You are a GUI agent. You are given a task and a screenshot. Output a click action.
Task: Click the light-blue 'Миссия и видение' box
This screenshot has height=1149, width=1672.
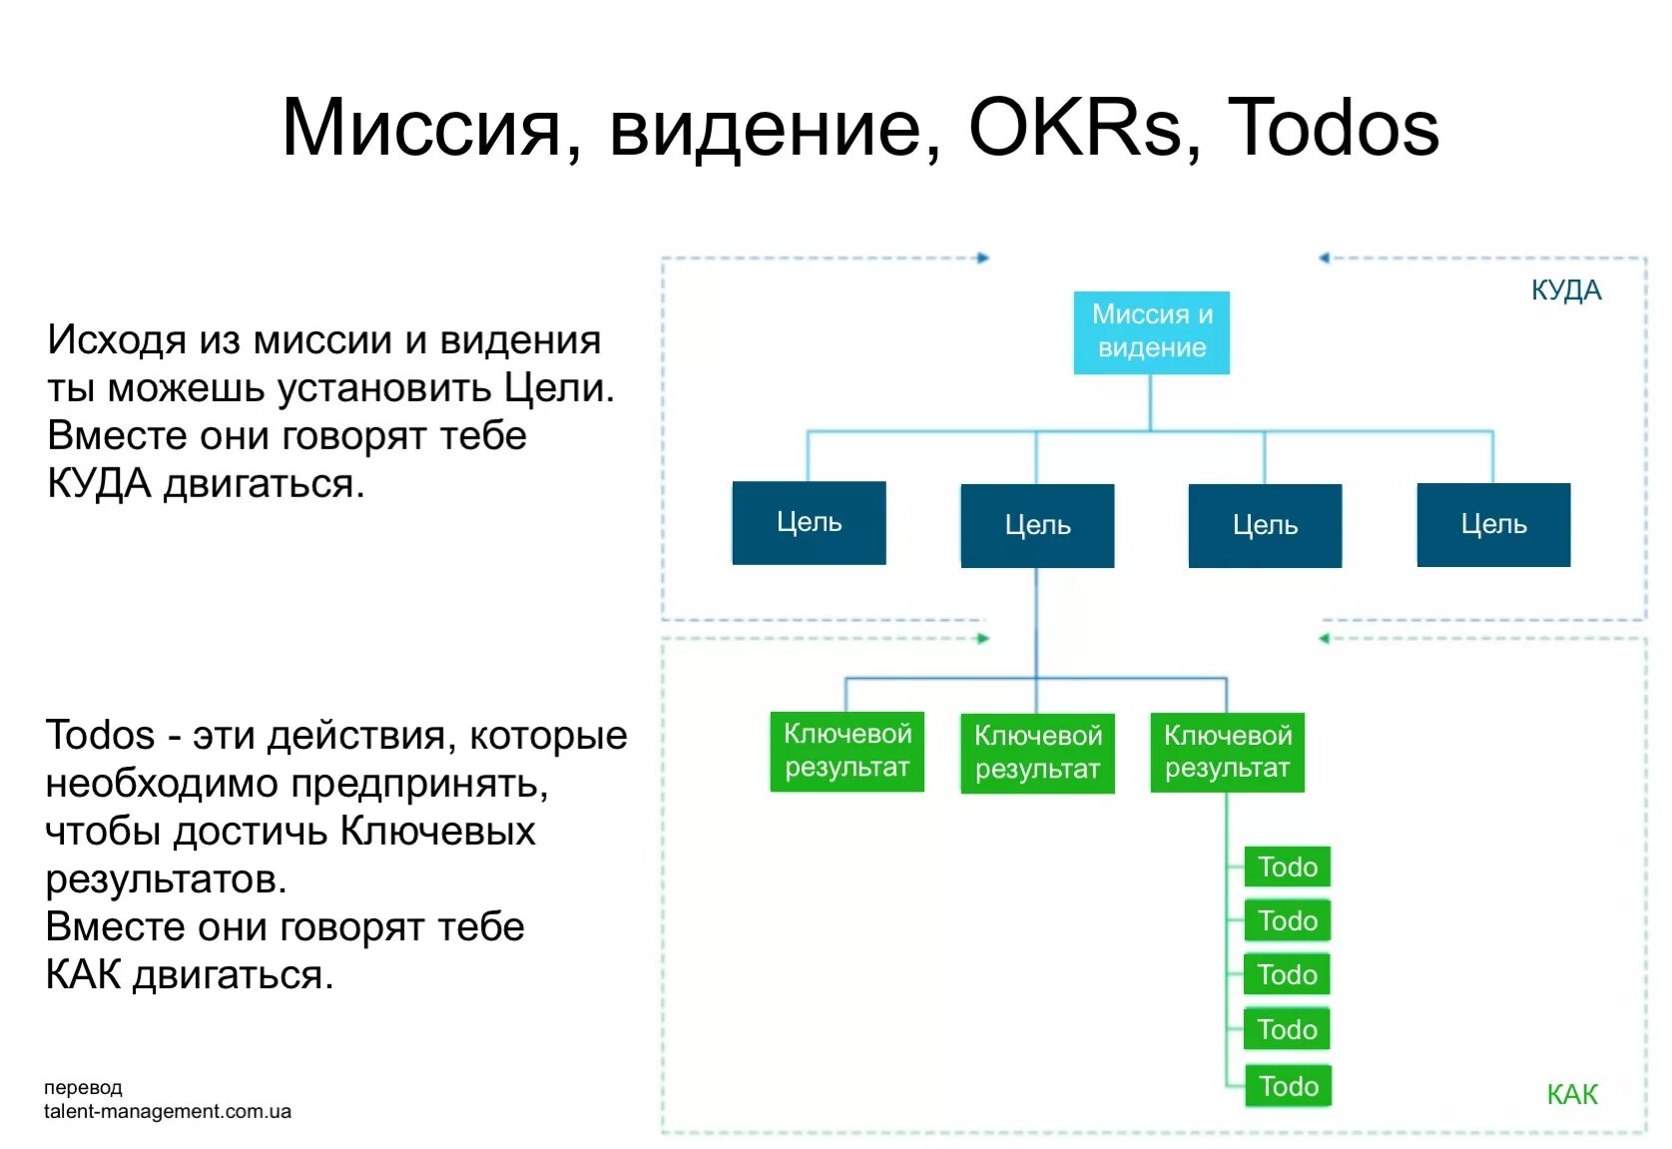click(x=1151, y=332)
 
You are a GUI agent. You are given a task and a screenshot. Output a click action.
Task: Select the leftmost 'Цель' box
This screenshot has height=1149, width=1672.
click(x=809, y=523)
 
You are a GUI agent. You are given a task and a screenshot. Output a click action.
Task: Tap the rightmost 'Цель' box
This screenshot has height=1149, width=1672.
click(x=1493, y=525)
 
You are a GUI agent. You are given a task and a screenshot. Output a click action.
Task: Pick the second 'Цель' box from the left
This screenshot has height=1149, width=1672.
click(x=1037, y=526)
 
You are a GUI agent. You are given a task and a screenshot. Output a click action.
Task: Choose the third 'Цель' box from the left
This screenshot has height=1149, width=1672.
click(x=1265, y=526)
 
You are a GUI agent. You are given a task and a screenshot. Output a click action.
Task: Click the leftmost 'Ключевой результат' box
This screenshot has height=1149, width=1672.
click(x=846, y=751)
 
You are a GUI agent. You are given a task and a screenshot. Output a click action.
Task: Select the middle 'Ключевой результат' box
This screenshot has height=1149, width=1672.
click(x=1037, y=753)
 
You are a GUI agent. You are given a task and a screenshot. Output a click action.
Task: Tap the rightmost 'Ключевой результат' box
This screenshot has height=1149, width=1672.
click(x=1227, y=752)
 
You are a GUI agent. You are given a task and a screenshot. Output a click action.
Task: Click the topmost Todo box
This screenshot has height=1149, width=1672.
click(x=1287, y=866)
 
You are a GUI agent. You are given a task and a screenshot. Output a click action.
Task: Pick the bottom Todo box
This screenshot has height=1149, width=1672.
click(x=1288, y=1086)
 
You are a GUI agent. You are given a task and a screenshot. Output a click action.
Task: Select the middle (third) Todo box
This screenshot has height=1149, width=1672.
click(x=1287, y=974)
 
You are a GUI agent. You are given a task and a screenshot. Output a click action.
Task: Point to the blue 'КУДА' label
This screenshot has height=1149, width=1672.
click(x=1565, y=290)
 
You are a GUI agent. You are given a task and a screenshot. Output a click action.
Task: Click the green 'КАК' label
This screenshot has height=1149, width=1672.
click(x=1571, y=1095)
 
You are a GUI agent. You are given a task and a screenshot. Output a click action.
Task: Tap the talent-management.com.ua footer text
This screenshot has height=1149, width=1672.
click(x=168, y=1111)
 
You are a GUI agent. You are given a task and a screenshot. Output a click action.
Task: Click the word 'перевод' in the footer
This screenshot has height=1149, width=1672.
click(x=83, y=1087)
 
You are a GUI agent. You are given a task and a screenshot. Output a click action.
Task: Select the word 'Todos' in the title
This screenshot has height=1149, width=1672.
click(x=1333, y=128)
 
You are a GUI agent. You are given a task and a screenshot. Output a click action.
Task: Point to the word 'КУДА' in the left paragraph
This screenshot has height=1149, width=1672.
click(x=99, y=484)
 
